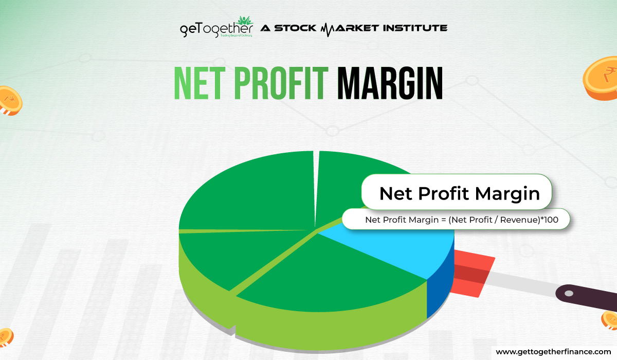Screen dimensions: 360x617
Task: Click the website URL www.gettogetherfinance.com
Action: pyautogui.click(x=553, y=351)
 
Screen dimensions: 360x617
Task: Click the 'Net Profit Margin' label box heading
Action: pyautogui.click(x=459, y=193)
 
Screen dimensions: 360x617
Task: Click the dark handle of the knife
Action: pyautogui.click(x=586, y=296)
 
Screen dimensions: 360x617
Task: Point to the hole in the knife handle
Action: pyautogui.click(x=569, y=294)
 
